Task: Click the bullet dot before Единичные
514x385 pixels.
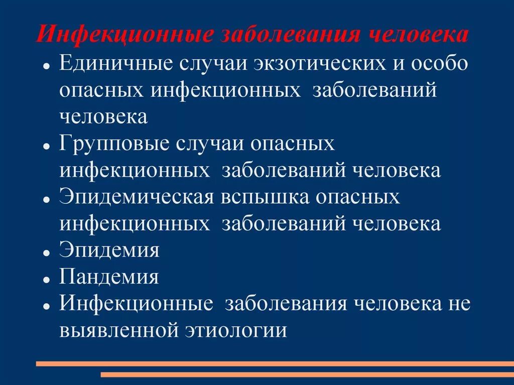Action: click(46, 66)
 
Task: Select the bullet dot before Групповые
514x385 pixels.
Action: click(46, 146)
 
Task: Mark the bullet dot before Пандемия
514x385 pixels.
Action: click(46, 279)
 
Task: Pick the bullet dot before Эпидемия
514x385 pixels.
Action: click(46, 252)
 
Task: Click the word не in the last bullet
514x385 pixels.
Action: click(458, 304)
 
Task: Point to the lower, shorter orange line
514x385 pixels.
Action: click(307, 374)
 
